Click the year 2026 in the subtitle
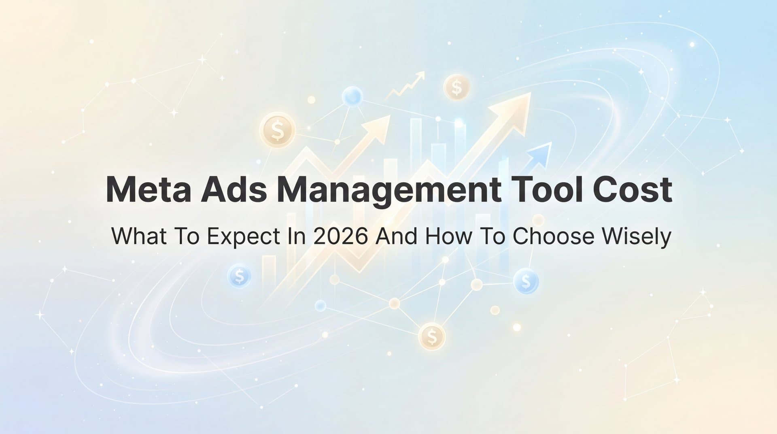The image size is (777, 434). click(x=340, y=236)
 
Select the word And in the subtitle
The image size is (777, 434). click(x=396, y=236)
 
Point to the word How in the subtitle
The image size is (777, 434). click(x=448, y=236)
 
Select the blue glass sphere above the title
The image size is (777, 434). click(x=352, y=96)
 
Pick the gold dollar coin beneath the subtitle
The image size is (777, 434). click(x=432, y=336)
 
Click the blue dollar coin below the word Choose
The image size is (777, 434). click(x=526, y=280)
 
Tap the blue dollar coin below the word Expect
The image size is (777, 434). click(x=240, y=276)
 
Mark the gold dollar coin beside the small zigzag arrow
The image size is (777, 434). click(x=456, y=87)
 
